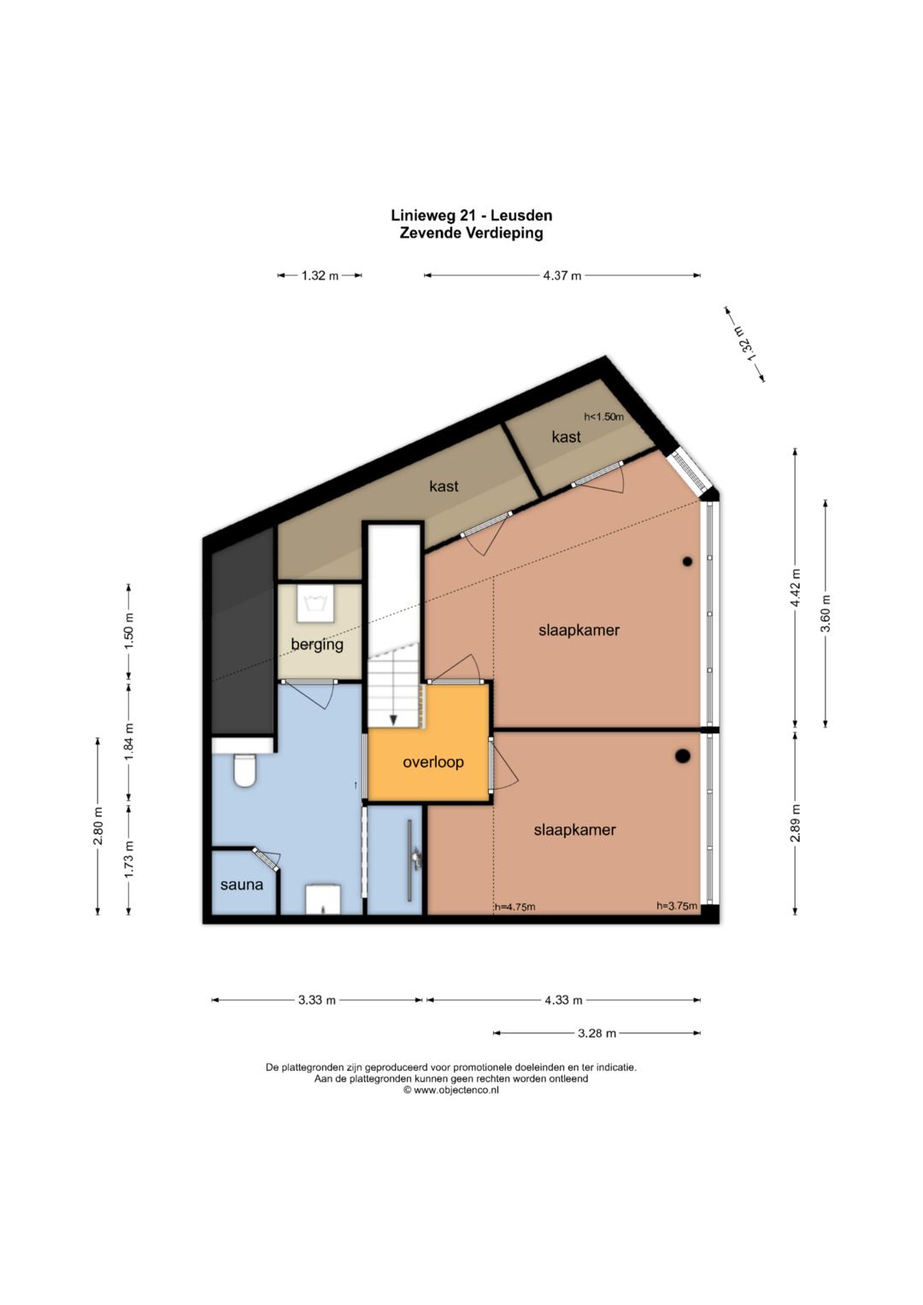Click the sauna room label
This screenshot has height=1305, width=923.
tap(241, 885)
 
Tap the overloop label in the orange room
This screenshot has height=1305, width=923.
tap(433, 762)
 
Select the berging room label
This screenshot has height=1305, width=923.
tap(317, 645)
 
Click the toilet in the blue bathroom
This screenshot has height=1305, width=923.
tap(243, 770)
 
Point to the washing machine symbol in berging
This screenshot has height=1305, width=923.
tap(316, 603)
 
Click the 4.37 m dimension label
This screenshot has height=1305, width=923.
tap(562, 275)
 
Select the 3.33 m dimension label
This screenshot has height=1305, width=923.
tap(316, 1000)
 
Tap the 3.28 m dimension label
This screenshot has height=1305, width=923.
tap(597, 1033)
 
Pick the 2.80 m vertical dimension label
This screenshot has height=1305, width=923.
tap(98, 826)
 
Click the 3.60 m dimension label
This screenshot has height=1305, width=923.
tap(826, 613)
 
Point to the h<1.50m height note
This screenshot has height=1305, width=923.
tap(603, 417)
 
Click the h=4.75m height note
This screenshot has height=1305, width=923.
tap(514, 907)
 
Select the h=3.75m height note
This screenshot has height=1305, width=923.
tap(677, 905)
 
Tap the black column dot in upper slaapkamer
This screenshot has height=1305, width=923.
tap(688, 561)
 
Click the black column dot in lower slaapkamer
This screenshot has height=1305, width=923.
tap(682, 756)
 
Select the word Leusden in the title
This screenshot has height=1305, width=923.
tap(521, 215)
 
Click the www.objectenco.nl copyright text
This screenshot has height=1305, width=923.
tap(451, 1090)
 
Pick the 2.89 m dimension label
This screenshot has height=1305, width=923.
tap(796, 823)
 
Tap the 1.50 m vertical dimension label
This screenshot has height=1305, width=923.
tap(129, 632)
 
